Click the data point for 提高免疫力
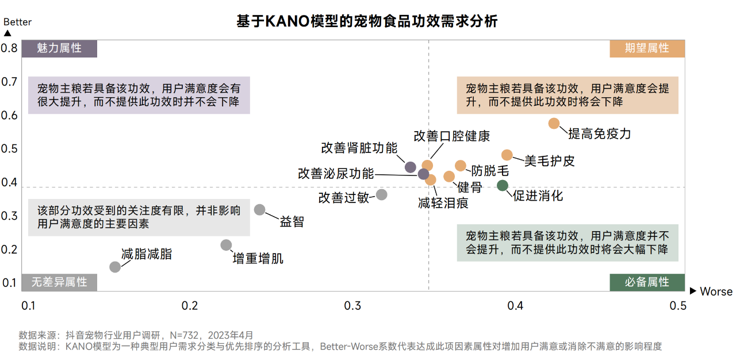(x=554, y=123)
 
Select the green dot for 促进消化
(x=503, y=185)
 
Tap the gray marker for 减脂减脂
(x=115, y=267)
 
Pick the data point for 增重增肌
(x=226, y=245)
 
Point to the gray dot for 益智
(x=260, y=210)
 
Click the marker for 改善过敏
(x=381, y=194)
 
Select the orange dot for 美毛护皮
(x=507, y=155)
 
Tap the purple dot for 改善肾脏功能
(x=411, y=167)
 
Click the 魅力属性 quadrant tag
(x=59, y=48)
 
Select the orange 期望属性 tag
(x=647, y=48)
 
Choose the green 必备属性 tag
(x=647, y=282)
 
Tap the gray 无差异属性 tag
(x=59, y=282)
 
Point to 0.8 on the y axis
(x=9, y=48)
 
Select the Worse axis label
(x=716, y=292)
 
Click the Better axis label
(x=18, y=22)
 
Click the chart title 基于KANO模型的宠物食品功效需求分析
(x=367, y=21)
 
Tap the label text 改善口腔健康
(x=452, y=136)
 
